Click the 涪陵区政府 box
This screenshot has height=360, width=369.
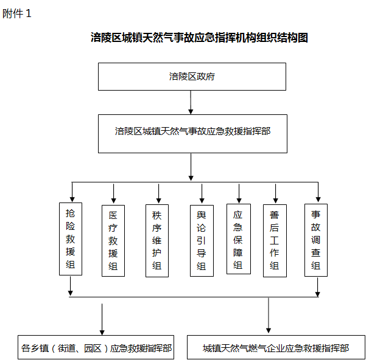(192, 77)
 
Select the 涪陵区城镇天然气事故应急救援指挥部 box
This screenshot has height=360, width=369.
(192, 134)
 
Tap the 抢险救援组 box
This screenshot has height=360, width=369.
(71, 239)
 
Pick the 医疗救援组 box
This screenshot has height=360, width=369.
(113, 241)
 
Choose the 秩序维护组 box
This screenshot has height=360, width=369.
(157, 241)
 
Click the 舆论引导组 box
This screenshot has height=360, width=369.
(202, 241)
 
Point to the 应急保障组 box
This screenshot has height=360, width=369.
(239, 239)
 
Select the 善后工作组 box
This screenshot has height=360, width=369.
(275, 241)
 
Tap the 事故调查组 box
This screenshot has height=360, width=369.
(316, 240)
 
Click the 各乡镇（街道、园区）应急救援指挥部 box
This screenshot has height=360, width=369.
(96, 347)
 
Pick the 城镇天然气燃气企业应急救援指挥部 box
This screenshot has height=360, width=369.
(276, 347)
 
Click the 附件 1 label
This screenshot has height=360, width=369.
(16, 13)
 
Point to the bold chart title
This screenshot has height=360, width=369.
(199, 38)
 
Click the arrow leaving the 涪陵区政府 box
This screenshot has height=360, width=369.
(191, 102)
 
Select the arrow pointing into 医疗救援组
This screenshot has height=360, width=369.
(114, 193)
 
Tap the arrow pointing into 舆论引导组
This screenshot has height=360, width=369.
(202, 193)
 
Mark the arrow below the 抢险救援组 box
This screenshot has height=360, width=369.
(71, 286)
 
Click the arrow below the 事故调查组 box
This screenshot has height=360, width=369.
(317, 287)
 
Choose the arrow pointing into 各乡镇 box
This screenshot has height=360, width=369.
(102, 319)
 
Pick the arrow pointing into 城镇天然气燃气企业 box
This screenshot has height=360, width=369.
(269, 316)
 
